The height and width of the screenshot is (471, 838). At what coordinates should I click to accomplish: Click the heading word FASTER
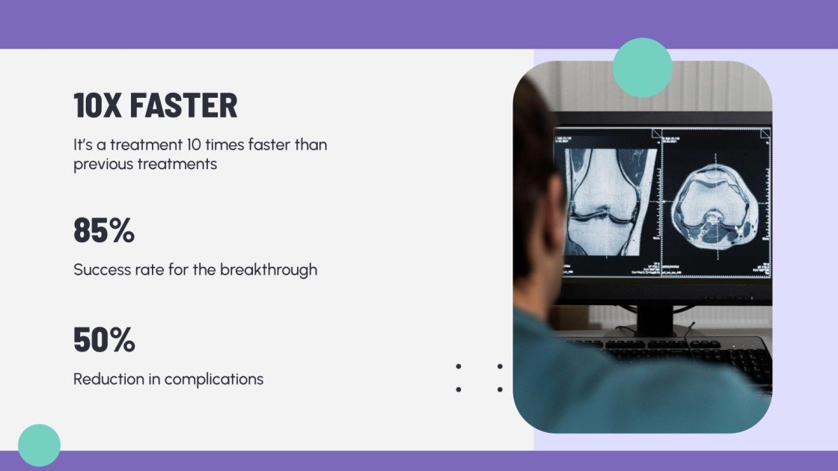(x=183, y=105)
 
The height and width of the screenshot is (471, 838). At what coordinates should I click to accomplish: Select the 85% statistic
(x=104, y=230)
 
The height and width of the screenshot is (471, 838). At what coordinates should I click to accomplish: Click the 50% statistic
(x=104, y=339)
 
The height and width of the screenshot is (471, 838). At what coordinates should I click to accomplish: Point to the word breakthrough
(x=269, y=270)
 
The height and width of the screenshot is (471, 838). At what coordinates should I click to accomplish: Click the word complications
(x=214, y=379)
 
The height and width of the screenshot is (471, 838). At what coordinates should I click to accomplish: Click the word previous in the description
(x=103, y=164)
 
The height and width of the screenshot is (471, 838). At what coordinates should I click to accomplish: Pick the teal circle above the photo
(x=642, y=67)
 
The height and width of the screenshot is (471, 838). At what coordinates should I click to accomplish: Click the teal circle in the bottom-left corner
(x=39, y=445)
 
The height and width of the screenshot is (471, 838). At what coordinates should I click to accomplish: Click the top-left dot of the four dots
(x=458, y=366)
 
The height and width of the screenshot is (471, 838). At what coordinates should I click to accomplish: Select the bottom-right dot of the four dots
(x=499, y=390)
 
